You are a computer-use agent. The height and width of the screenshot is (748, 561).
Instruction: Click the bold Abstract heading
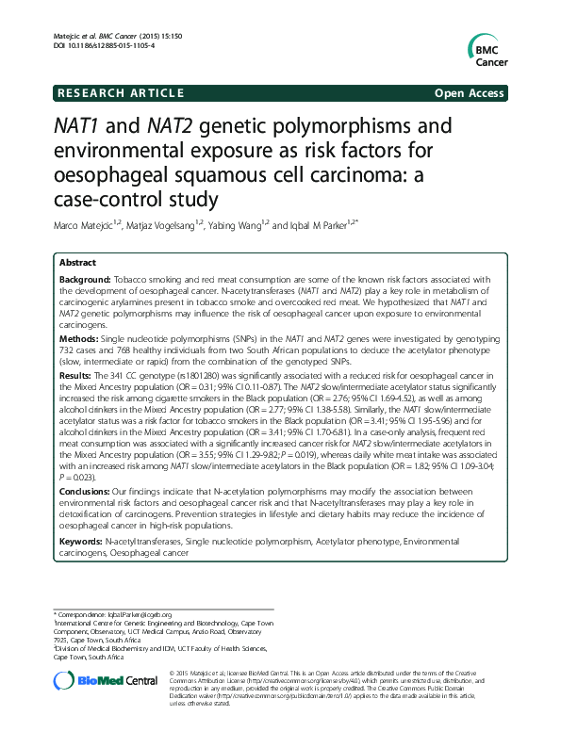click(77, 262)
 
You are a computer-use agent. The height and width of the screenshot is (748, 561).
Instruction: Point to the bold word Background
click(84, 280)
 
